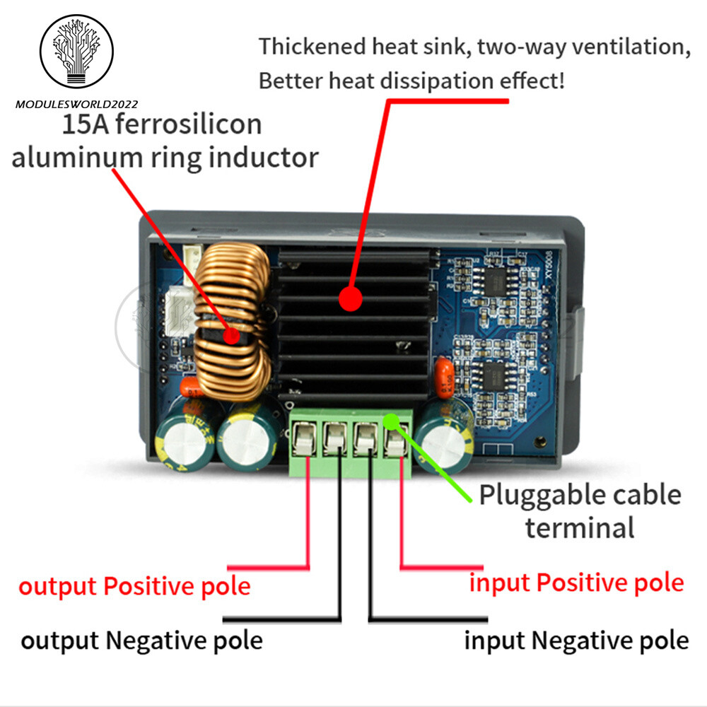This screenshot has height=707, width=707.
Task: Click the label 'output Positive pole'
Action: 134,586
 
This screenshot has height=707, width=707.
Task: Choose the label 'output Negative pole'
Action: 141,641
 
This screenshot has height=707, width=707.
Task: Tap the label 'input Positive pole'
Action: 577,583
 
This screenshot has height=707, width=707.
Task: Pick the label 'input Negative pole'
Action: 576,641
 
